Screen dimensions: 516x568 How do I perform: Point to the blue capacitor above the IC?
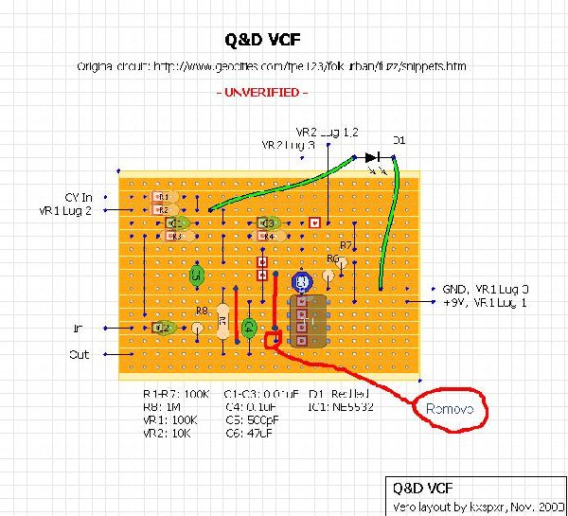302,281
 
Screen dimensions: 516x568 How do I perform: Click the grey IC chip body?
307,321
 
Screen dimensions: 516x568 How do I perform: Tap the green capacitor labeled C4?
249,328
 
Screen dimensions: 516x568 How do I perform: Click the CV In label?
80,197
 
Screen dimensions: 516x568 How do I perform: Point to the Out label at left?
80,356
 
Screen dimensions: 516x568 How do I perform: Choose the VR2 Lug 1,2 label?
327,132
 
